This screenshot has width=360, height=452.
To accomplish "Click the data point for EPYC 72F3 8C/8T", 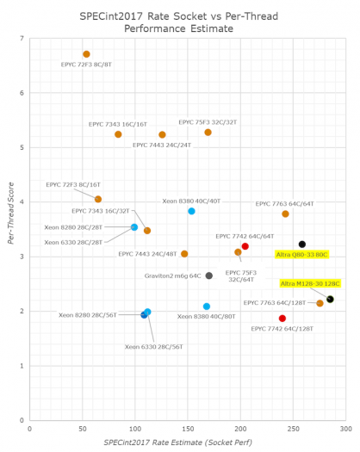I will pyautogui.click(x=86, y=54).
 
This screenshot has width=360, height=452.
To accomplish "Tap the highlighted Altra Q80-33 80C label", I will pyautogui.click(x=301, y=254).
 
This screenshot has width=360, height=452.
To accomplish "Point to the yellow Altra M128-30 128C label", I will pyautogui.click(x=310, y=283).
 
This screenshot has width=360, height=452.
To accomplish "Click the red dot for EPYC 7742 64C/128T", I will pyautogui.click(x=282, y=319).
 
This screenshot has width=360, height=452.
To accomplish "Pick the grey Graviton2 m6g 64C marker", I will pyautogui.click(x=209, y=276).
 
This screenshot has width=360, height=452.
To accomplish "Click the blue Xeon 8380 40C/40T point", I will pyautogui.click(x=191, y=211).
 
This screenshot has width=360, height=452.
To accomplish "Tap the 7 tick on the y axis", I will pyautogui.click(x=22, y=39).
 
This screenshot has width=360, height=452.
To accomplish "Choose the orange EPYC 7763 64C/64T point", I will pyautogui.click(x=285, y=214).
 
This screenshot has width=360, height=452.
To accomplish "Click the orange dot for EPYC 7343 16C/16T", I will pyautogui.click(x=118, y=134).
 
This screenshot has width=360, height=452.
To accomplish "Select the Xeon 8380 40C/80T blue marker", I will pyautogui.click(x=206, y=306).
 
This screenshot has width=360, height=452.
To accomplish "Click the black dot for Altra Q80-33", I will pyautogui.click(x=301, y=245).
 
